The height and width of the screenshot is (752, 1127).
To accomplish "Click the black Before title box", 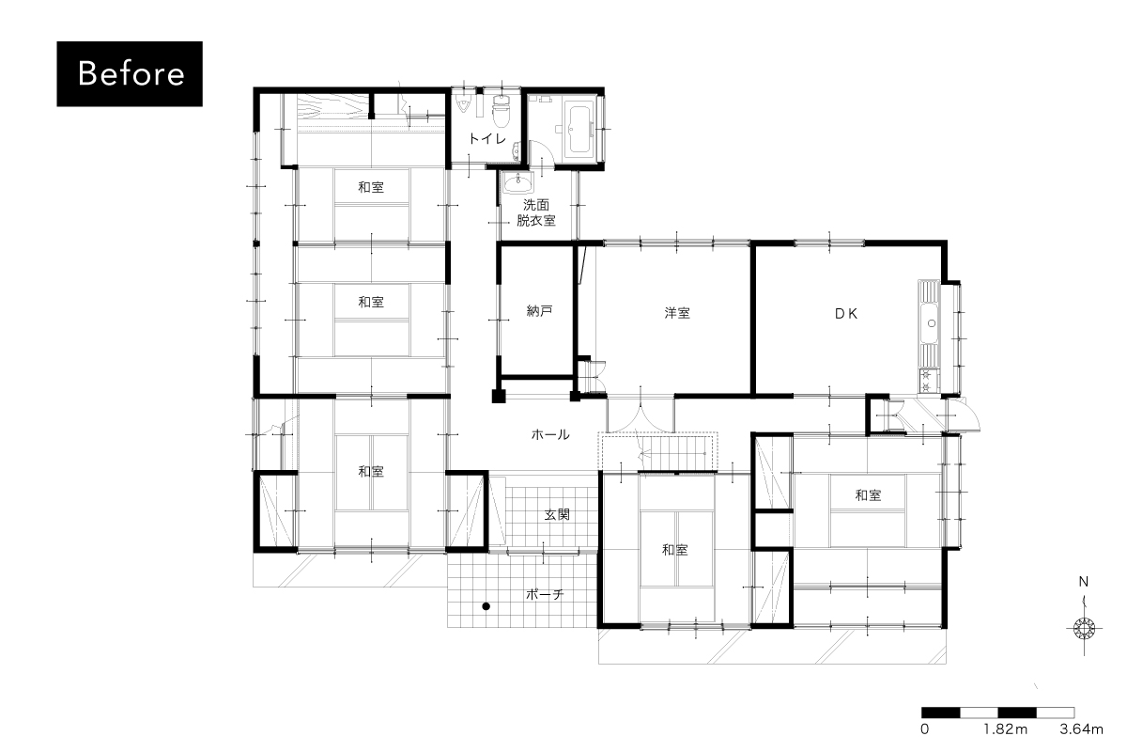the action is [x=130, y=73].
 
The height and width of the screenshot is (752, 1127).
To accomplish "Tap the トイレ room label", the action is [x=487, y=138].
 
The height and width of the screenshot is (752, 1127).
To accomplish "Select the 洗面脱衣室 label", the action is [x=536, y=212].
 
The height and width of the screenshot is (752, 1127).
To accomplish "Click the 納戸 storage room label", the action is [x=539, y=311].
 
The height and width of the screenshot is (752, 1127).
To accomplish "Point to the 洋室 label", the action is [x=677, y=313].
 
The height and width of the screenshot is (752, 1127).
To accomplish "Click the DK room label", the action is [x=846, y=314].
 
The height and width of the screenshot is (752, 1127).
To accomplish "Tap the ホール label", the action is [x=550, y=434].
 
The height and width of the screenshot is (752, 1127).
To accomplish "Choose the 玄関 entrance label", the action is [x=557, y=514].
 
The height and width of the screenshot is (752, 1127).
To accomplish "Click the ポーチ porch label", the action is [x=545, y=594].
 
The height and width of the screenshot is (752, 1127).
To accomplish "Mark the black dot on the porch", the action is [x=486, y=606].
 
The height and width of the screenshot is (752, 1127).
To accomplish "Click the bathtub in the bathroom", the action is [x=579, y=129].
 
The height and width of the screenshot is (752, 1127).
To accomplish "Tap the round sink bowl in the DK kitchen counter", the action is [x=932, y=323].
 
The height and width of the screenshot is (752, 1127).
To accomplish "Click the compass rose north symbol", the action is [x=1084, y=628].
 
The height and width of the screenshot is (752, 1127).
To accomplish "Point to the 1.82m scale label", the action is [x=1005, y=728].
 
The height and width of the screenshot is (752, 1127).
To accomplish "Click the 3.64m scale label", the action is [x=1081, y=728].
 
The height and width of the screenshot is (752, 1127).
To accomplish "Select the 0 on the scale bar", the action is [x=925, y=728].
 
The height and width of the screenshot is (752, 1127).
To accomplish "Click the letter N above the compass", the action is [x=1083, y=582].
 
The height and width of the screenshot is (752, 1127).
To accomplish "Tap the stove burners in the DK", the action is [x=926, y=381].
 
